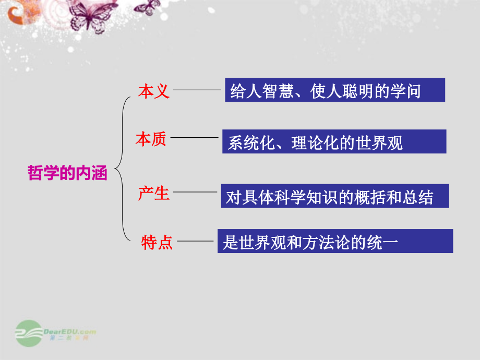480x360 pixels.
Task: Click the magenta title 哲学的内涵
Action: click(x=67, y=173)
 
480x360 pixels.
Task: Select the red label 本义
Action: click(x=154, y=92)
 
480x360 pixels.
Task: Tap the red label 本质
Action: click(x=151, y=139)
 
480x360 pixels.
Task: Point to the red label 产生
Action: click(x=154, y=194)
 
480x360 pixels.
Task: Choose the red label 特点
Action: click(x=157, y=243)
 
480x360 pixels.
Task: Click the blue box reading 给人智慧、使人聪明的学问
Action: click(x=335, y=90)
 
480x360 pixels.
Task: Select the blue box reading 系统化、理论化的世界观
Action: click(x=334, y=141)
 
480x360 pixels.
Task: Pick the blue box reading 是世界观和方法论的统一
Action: click(x=335, y=241)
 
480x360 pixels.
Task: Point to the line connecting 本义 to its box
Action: click(x=197, y=90)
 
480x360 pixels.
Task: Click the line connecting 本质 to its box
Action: click(x=194, y=138)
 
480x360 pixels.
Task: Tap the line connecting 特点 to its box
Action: click(x=197, y=242)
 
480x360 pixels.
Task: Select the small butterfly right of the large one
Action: click(x=150, y=7)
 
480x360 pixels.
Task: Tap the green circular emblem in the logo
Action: click(x=29, y=333)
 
